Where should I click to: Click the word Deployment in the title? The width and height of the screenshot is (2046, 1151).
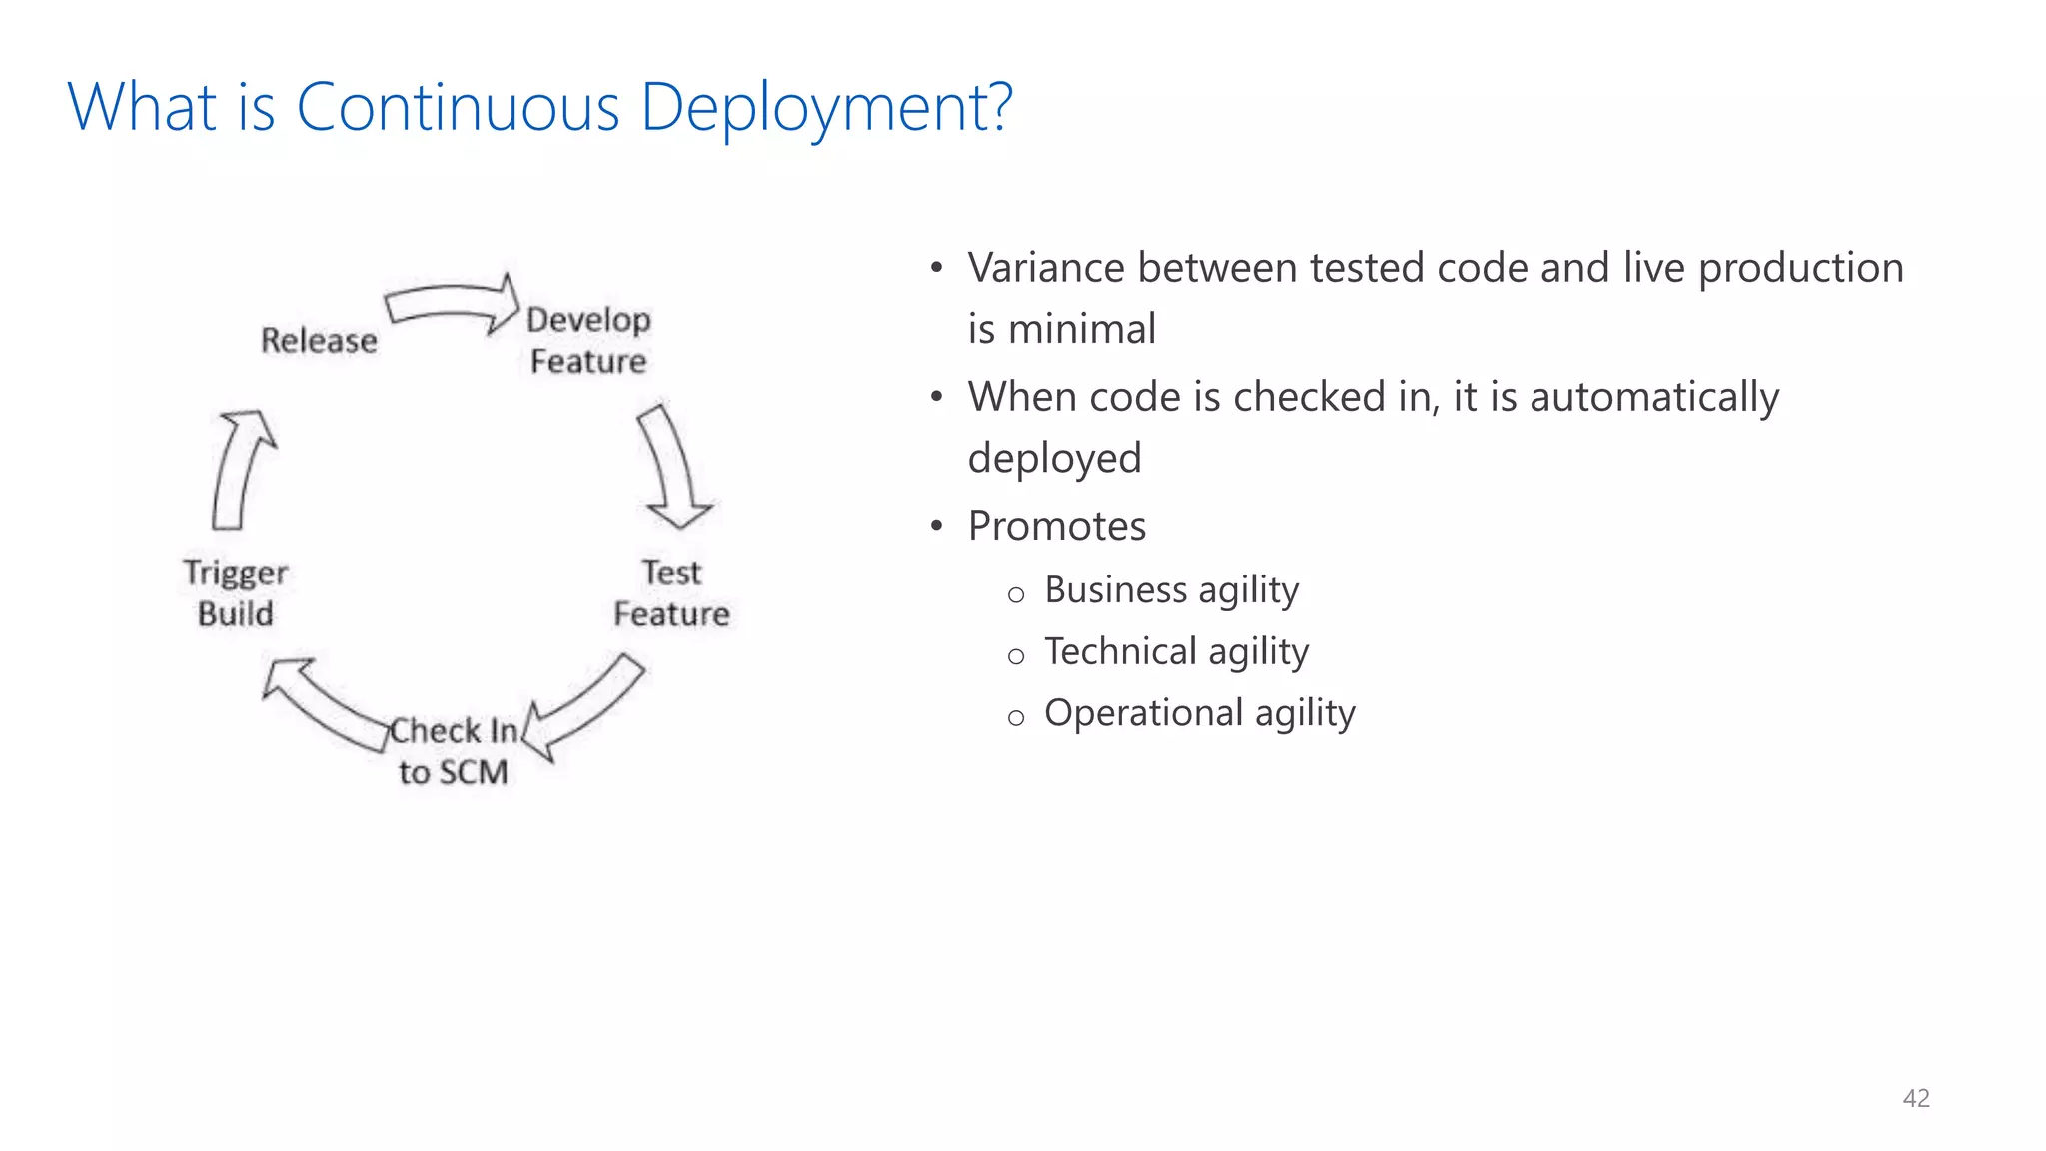coord(826,108)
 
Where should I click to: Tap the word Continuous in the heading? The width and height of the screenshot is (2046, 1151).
coord(459,108)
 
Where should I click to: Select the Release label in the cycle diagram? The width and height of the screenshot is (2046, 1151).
coord(319,341)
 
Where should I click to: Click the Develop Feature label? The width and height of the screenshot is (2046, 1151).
coord(588,340)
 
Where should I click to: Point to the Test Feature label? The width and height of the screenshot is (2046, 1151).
coord(671,592)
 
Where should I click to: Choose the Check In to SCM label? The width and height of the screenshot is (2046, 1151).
coord(453,751)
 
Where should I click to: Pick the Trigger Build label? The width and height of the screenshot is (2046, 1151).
coord(235,592)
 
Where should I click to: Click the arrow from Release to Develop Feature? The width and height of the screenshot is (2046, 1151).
coord(452,303)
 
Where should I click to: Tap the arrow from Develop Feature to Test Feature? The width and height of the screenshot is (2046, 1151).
coord(673,466)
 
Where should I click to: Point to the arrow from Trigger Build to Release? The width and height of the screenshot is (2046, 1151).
coord(239,468)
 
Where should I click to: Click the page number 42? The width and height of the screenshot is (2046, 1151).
coord(1915,1098)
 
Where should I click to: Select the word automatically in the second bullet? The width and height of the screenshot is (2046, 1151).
coord(1653,397)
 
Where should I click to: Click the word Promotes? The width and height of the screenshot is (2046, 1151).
coord(1056,526)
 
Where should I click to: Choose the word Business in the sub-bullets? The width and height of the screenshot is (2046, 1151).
coord(1115,589)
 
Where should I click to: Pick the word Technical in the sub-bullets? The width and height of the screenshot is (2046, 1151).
coord(1120,651)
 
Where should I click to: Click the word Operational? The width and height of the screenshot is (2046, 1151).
coord(1143,713)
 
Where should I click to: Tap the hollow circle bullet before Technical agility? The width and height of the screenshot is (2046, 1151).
coord(1016,656)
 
